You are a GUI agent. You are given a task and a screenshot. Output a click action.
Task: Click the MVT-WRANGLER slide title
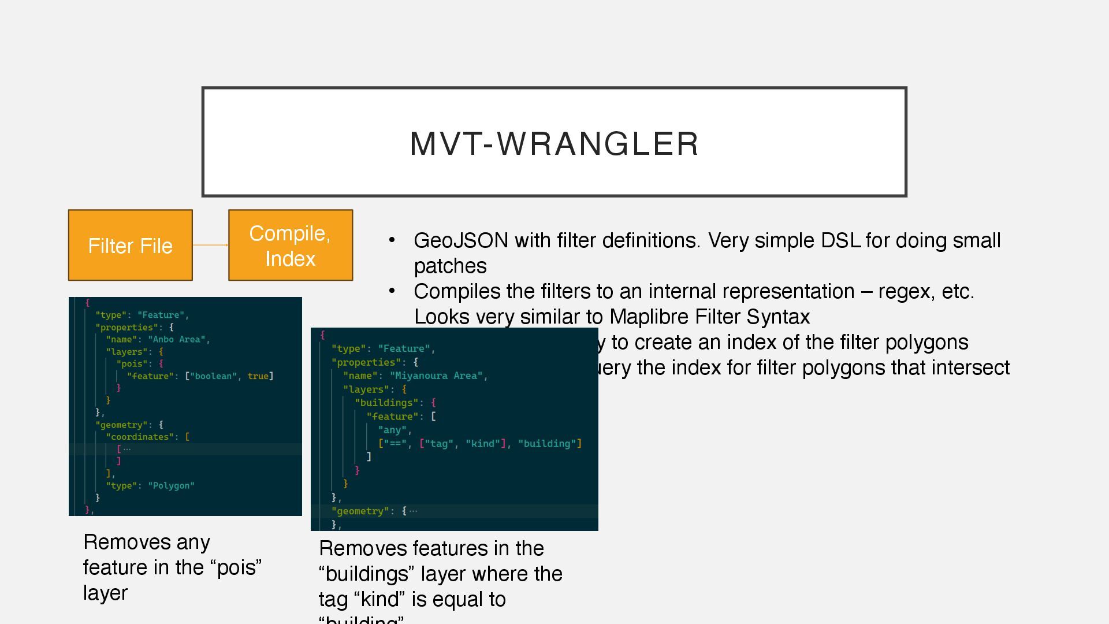[554, 143]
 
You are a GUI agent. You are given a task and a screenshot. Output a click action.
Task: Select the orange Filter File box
[130, 246]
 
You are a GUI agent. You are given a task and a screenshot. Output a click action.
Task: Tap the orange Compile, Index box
[290, 246]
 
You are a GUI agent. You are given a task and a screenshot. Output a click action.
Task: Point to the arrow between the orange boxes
[210, 245]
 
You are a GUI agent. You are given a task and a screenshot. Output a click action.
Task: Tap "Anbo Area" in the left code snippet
[177, 340]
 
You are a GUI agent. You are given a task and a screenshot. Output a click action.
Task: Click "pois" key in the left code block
[132, 364]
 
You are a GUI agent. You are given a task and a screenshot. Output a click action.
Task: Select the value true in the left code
[258, 376]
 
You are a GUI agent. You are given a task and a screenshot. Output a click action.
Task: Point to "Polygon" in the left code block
[171, 486]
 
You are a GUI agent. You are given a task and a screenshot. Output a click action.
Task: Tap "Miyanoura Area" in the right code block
[436, 376]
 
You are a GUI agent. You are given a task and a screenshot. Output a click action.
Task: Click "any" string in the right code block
[393, 430]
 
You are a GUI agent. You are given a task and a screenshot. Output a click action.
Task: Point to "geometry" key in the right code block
[358, 511]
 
